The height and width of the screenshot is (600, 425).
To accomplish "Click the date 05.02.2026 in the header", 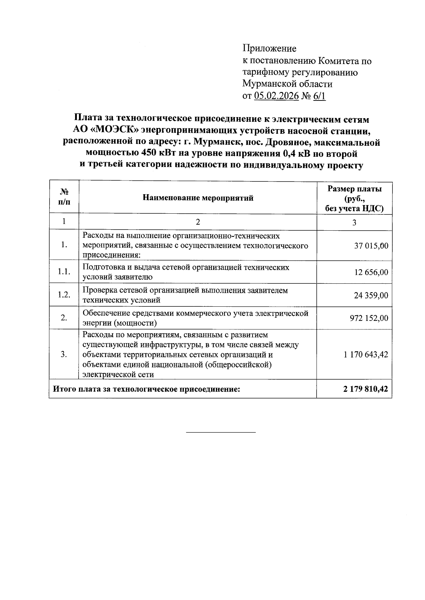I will tap(276, 96).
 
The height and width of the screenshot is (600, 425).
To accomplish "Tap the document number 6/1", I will tap(319, 96).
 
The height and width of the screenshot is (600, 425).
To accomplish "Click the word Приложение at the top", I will tap(269, 48).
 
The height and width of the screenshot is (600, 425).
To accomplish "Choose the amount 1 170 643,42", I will tap(365, 354).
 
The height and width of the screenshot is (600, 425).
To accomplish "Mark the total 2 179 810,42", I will tap(365, 389).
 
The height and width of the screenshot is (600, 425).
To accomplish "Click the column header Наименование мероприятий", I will tap(198, 198).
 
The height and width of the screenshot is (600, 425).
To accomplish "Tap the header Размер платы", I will tap(355, 189).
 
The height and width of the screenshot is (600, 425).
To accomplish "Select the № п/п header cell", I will tap(64, 197).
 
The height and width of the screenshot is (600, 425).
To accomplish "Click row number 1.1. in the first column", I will tap(64, 272).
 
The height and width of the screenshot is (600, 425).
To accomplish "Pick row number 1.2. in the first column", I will tap(64, 295).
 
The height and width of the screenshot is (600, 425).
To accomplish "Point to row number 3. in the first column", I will tap(64, 354).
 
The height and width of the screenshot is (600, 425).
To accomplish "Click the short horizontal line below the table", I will tap(221, 432).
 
